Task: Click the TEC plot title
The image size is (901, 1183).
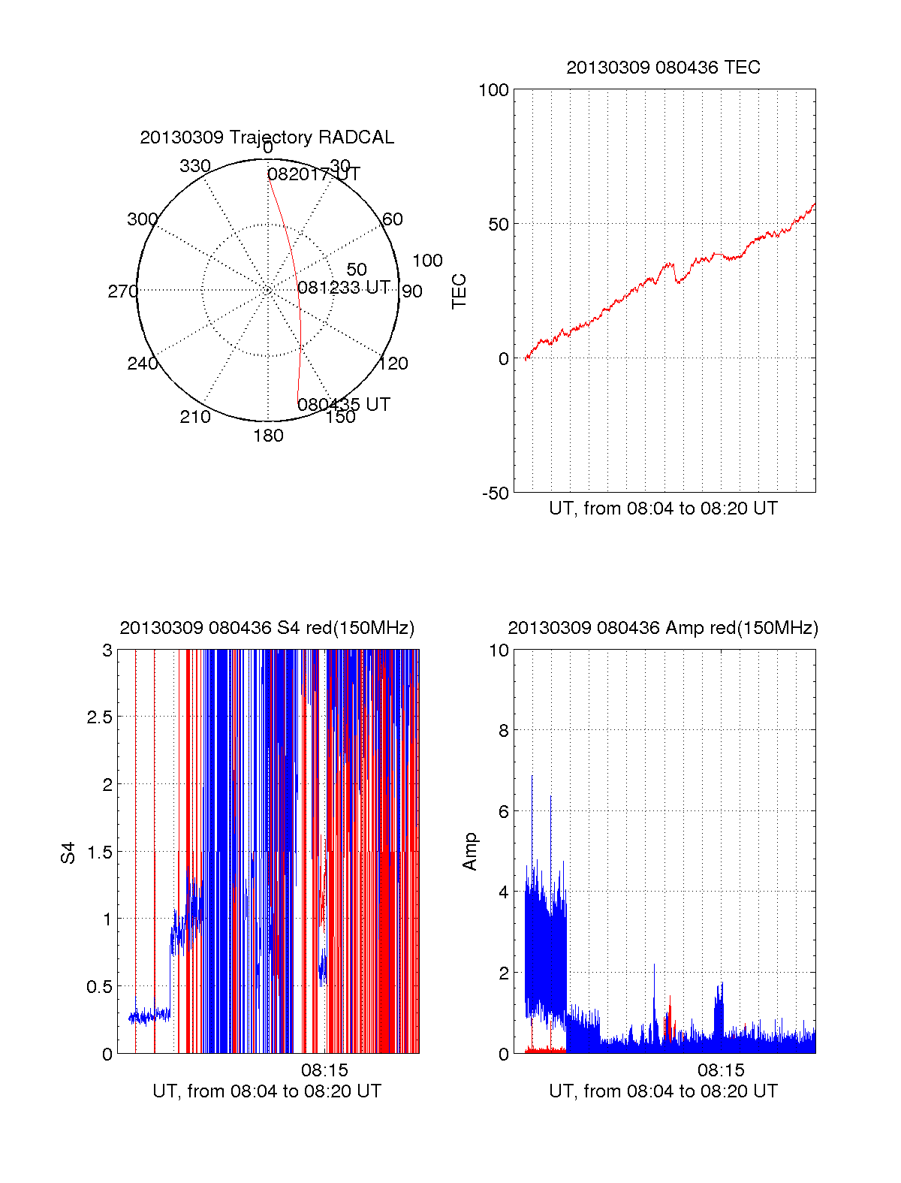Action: coord(663,68)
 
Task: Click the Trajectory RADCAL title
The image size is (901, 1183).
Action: coord(267,137)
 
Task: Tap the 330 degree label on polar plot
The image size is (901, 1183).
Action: coord(195,166)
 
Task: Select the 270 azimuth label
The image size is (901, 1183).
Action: coord(122,291)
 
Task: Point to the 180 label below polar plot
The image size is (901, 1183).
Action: coord(268,436)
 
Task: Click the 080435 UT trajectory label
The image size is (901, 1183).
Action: coord(344,405)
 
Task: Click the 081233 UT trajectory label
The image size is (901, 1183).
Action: coord(344,288)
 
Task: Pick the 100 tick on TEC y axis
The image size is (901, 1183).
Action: coord(493,91)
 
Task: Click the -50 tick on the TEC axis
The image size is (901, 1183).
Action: coord(495,493)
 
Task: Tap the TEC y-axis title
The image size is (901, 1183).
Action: coord(459,291)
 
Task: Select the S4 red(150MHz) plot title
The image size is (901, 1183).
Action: coord(267,628)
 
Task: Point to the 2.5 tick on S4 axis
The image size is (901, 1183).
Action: coord(99,717)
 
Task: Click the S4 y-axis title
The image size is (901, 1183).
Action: coord(68,853)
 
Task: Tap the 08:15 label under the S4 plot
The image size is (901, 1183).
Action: coord(324,1070)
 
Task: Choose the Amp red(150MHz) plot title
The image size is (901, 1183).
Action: coord(663,628)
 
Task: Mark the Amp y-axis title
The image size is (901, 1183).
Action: coord(470,852)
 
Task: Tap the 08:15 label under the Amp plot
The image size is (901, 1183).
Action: coord(721,1070)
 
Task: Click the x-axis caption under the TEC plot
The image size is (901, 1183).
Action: coord(663,509)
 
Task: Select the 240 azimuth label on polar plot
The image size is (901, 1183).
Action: coord(143,364)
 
